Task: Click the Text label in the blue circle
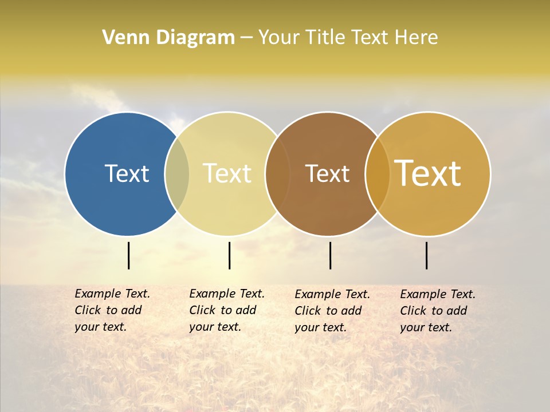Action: pos(127,173)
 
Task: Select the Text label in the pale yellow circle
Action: pos(227,173)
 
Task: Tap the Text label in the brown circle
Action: pos(327,173)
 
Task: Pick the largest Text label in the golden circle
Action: pos(428,173)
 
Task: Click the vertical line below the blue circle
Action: pos(128,255)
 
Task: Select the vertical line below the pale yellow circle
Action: pos(229,255)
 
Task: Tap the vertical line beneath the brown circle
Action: pos(330,255)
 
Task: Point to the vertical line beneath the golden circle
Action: pos(427,255)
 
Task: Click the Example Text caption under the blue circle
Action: pos(112,310)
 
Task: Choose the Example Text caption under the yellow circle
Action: pos(226,310)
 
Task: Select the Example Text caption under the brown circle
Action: pos(332,311)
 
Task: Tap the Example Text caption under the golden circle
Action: pos(437,311)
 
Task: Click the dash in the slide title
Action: pos(246,38)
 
